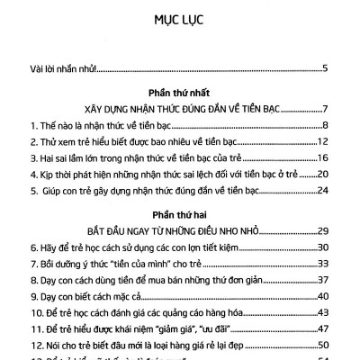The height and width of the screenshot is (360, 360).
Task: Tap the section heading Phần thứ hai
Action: [x=180, y=215]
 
